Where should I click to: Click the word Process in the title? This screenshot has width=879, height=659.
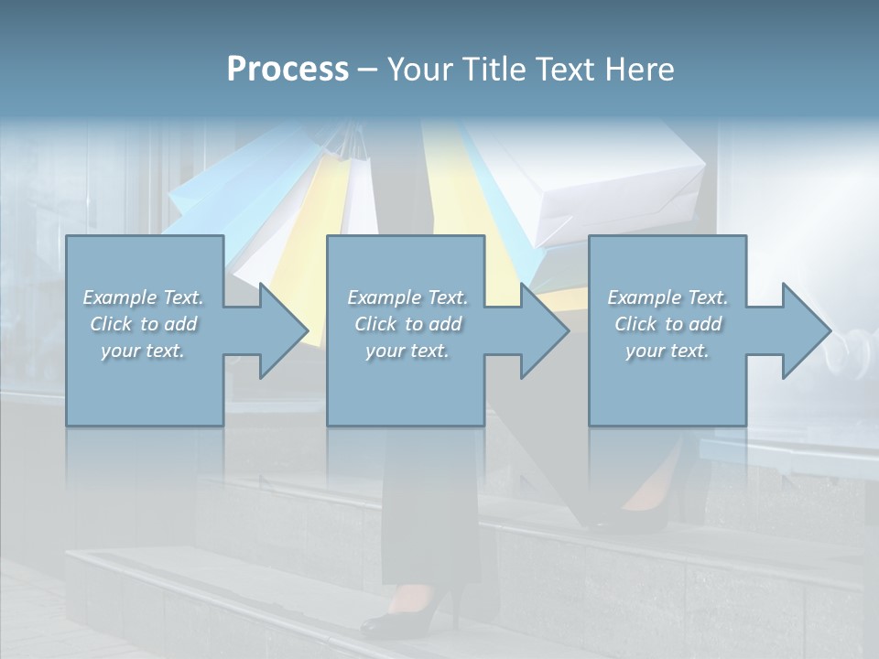click(288, 70)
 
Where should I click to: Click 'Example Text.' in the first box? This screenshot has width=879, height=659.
click(143, 297)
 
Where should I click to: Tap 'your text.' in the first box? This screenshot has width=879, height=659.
click(143, 351)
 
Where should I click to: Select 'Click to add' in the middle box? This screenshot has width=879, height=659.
click(407, 324)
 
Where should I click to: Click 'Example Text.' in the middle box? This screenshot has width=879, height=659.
click(407, 297)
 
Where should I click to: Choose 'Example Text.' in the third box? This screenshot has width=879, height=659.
click(667, 297)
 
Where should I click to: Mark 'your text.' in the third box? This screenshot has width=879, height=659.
click(667, 351)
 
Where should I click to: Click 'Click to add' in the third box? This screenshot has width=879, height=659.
click(667, 324)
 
